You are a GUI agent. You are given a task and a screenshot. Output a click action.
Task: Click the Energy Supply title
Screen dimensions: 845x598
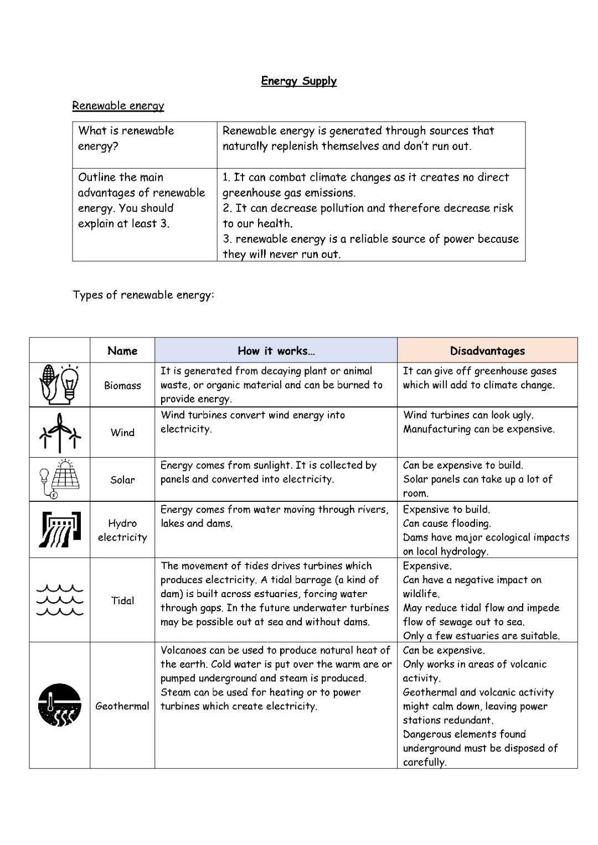point(298,81)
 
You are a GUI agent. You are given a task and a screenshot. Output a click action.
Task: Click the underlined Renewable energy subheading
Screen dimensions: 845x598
point(118,105)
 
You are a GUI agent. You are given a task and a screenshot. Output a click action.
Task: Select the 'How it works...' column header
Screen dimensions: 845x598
point(276,350)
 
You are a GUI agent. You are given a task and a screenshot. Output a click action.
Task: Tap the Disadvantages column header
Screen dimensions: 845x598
point(487,350)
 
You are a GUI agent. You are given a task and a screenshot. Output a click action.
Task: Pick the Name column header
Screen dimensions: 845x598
point(122,350)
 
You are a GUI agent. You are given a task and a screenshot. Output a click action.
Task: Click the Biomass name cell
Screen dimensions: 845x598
point(122,385)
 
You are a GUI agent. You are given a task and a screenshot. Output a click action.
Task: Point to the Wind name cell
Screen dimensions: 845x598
point(122,432)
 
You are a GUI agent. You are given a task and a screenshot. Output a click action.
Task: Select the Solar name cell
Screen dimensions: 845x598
point(122,480)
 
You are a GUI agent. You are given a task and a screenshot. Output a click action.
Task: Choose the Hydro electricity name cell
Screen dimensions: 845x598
point(122,530)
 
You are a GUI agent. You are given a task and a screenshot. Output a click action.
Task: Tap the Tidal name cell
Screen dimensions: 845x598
point(122,600)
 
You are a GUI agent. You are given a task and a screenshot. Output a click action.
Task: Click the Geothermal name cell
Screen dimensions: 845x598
point(122,706)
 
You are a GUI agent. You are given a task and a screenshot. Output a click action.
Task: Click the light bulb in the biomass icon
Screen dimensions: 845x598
point(70,381)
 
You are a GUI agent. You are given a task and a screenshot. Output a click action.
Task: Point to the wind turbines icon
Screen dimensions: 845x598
point(60,433)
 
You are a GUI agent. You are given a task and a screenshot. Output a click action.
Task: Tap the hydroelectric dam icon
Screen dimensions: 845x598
point(60,529)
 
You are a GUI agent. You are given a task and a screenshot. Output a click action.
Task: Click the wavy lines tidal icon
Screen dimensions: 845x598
point(60,600)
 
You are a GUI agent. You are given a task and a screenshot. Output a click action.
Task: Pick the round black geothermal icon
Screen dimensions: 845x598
point(60,705)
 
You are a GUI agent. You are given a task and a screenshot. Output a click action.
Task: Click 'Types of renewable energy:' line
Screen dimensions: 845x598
point(143,294)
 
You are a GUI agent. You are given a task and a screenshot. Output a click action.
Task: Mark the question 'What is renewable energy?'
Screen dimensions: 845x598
point(126,138)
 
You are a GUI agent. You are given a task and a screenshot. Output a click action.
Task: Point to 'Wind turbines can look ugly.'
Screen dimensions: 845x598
point(468,415)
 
